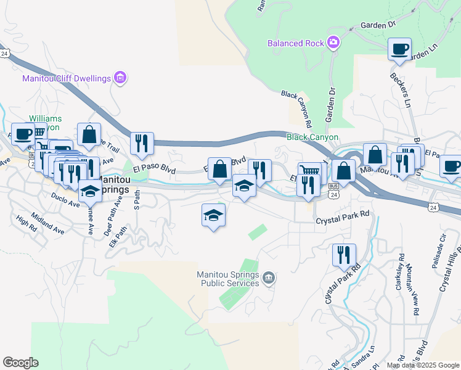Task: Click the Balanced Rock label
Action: coord(295,43)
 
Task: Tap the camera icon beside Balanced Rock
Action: coord(333,43)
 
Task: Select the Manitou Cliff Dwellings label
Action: coord(66,78)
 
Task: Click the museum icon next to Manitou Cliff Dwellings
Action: coord(120,78)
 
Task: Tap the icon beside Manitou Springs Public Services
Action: coord(268,279)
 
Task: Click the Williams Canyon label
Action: coord(44,122)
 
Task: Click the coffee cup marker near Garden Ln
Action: coord(399,49)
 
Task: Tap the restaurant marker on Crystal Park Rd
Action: coord(344,255)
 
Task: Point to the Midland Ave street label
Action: coord(49,226)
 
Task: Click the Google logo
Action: coord(20,363)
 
